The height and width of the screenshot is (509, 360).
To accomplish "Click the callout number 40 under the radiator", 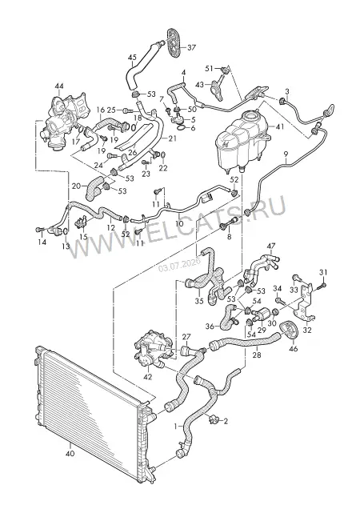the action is [70, 453].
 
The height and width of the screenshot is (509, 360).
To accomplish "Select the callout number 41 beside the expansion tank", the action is [279, 127].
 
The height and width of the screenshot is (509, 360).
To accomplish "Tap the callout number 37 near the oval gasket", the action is [191, 47].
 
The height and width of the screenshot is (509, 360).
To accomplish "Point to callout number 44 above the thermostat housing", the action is [59, 86].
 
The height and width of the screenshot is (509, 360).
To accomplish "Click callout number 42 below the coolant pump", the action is [148, 377].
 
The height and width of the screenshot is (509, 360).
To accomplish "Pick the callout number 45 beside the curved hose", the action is [132, 58].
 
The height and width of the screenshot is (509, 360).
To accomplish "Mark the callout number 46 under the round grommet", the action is [293, 349].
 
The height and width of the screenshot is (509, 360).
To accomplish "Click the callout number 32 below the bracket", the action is [307, 331].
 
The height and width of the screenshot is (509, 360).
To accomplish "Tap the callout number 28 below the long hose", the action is [257, 355].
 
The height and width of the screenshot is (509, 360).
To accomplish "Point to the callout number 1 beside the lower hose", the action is [176, 427].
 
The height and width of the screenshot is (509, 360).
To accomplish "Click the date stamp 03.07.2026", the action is [180, 267].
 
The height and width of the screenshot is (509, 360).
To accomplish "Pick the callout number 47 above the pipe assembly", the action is [270, 246].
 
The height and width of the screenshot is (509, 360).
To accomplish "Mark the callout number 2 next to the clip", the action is [226, 421].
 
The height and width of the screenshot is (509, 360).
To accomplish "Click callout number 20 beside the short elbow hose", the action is [76, 186].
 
